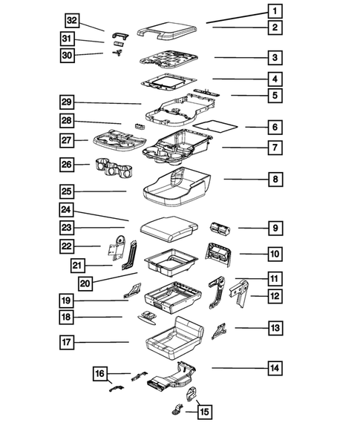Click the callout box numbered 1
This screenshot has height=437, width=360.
[x=274, y=11]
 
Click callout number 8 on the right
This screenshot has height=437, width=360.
[x=274, y=179]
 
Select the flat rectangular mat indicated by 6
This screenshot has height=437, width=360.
[x=220, y=126]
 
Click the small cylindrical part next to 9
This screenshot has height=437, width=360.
[x=220, y=228]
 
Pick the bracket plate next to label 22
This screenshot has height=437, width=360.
[x=117, y=251]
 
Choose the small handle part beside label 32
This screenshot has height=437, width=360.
[x=120, y=33]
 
